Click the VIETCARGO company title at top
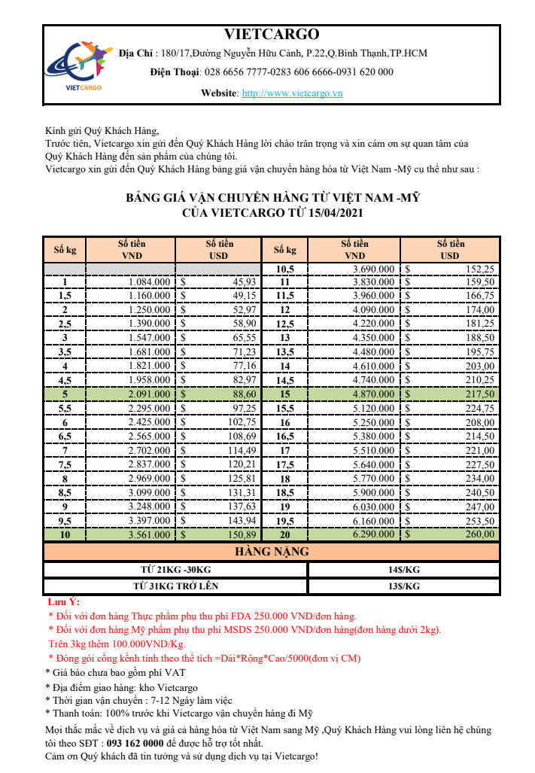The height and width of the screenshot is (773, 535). [x=272, y=35]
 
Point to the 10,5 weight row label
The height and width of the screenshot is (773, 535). [x=284, y=269]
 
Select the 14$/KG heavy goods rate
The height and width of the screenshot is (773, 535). [x=403, y=569]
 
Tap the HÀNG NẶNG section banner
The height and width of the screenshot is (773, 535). [x=272, y=552]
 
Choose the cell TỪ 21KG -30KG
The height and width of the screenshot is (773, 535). [x=175, y=569]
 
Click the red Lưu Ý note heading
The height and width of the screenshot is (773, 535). [x=63, y=602]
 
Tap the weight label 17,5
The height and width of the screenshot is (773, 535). [x=284, y=464]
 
